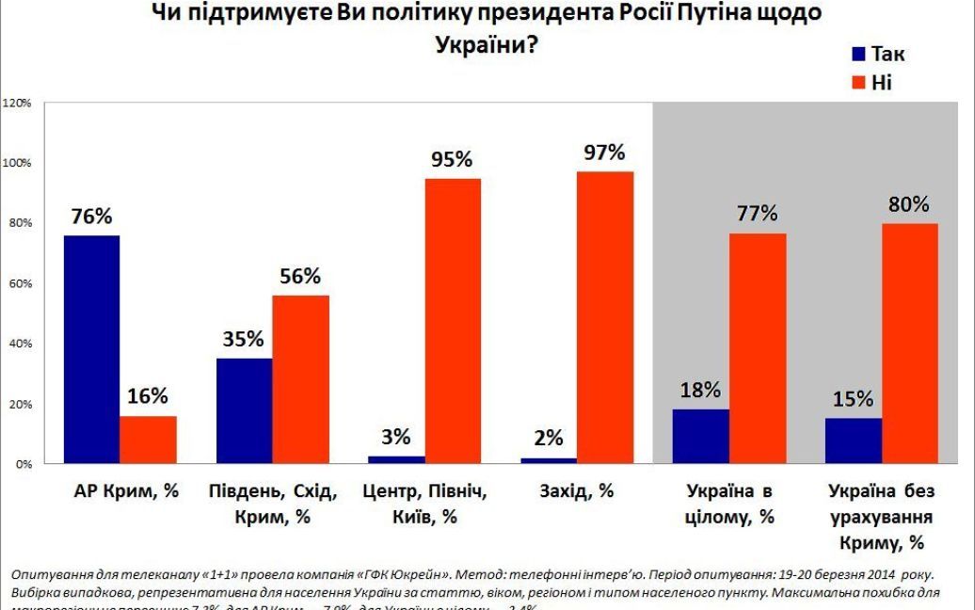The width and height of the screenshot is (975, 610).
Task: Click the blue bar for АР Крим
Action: coord(91,349)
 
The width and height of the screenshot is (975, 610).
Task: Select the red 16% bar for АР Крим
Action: coord(148,440)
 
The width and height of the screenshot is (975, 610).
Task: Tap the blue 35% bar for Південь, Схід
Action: coord(244,411)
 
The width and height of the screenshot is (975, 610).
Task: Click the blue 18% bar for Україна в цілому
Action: coord(701,437)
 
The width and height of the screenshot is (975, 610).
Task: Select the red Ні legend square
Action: coord(858,83)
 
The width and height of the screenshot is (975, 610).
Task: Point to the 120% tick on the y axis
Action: coord(19,102)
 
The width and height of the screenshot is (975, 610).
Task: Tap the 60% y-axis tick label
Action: coord(21,283)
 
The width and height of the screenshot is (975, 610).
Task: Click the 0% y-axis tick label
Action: coord(24,464)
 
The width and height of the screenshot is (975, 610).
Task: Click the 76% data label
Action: coord(91,217)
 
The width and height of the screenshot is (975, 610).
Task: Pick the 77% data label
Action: coord(758,214)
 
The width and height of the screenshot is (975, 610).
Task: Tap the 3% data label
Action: coord(396,437)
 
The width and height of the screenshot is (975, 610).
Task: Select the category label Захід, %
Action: coord(578,490)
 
